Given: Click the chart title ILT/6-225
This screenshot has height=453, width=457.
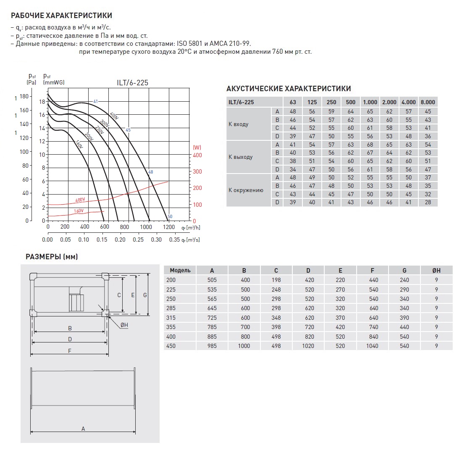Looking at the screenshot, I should coord(132,83).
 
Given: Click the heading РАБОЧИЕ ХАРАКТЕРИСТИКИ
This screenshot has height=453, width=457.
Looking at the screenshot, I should coord(61,16).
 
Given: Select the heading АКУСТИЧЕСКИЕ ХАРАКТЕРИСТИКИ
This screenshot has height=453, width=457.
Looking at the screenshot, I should coord(289,89).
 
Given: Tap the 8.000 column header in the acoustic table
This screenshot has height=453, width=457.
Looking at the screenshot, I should coord(428,102).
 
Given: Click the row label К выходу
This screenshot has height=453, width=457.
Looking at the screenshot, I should coord(241,157).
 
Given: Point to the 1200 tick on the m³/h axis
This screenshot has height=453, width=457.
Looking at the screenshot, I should coord(168,227).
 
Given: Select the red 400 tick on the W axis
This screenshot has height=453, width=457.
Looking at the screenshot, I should coord(197,155).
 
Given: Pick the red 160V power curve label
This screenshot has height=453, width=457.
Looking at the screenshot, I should coord(79,211).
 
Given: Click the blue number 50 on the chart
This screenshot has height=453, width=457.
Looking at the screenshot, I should coord(170,217).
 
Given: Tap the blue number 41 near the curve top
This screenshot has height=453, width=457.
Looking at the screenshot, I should coord(95,101).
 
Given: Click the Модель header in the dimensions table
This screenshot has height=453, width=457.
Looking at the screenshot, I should coord(180,270).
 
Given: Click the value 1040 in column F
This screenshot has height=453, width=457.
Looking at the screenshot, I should coord(372,346).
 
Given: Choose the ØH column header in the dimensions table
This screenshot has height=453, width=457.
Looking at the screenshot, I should coord(436,270).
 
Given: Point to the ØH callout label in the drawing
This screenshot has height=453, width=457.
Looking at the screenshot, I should coord(124,325).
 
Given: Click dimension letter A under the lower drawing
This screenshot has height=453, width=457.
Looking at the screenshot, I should coord(83,429).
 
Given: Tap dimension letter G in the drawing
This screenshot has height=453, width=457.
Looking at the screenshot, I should coord(145,295).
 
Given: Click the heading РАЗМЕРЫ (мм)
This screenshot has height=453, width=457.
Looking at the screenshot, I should coord(52,256).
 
